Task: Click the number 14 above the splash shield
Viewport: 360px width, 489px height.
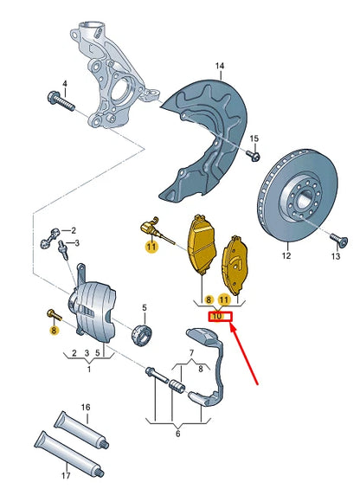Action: click(x=220, y=67)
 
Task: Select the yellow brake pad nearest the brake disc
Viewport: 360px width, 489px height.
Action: click(x=235, y=263)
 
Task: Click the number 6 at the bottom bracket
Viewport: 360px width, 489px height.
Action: click(x=178, y=434)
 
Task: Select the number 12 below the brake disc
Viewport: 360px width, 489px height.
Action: click(x=286, y=256)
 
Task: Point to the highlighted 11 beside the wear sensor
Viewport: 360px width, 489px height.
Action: click(x=151, y=247)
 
